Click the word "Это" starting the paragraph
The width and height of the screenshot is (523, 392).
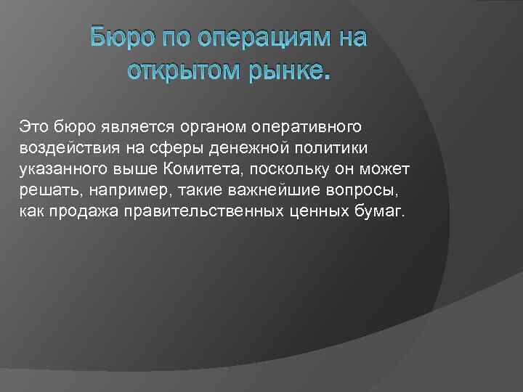click(x=34, y=127)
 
